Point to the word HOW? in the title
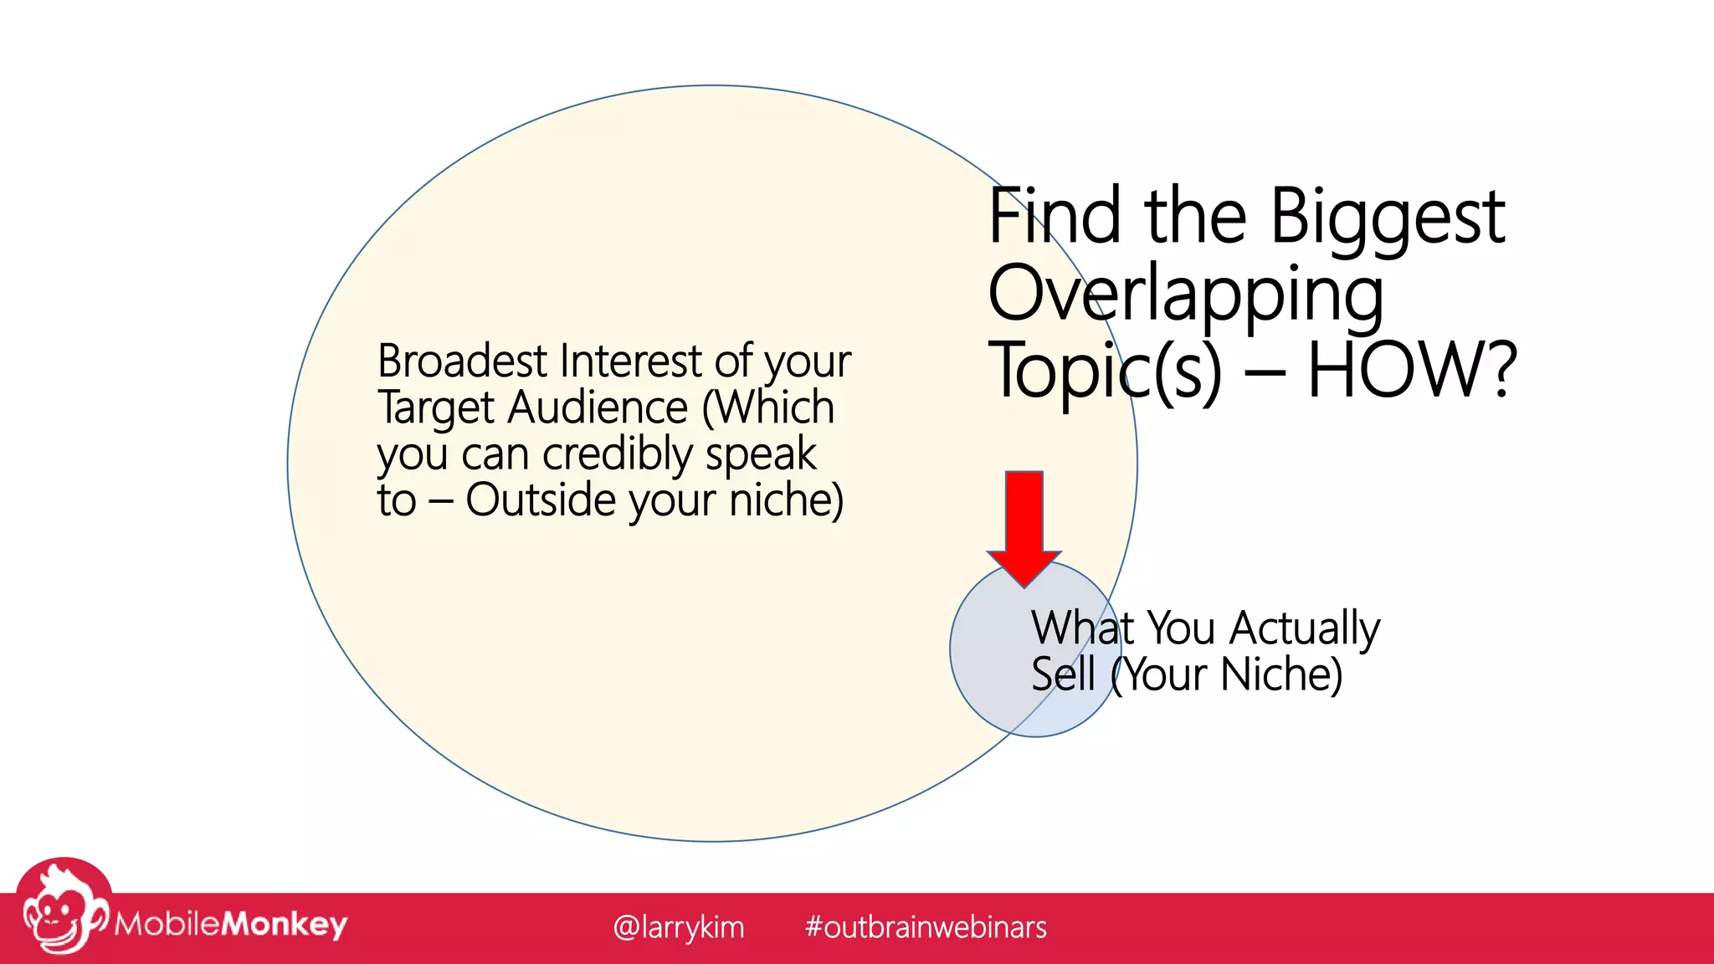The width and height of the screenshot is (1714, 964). coord(1412,370)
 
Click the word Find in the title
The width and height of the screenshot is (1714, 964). coord(1055,216)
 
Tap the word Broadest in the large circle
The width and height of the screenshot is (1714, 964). coord(462,361)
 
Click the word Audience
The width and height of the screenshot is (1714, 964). coord(598,408)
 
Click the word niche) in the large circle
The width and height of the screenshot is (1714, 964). coord(786,500)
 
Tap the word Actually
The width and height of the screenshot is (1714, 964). coord(1305,629)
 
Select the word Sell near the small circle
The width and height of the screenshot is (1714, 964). coord(1063,674)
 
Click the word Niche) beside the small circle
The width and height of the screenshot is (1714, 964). coord(1281,674)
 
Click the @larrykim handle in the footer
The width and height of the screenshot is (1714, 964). coord(678,927)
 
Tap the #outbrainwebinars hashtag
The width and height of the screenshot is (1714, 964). coord(925,927)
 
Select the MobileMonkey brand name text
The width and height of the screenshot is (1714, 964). coord(231,924)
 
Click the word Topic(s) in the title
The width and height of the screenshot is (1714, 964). coord(1105,372)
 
